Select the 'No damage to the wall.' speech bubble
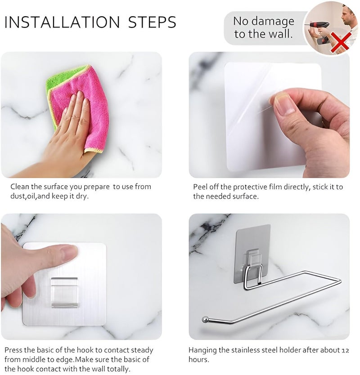tap(263, 27)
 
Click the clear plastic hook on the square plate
tap(64, 292)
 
